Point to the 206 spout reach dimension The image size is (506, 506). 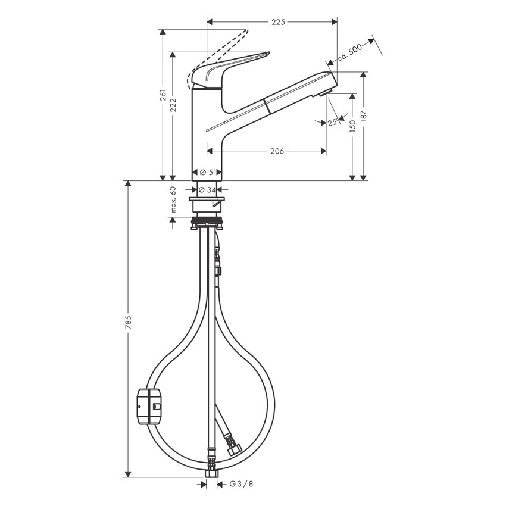pyautogui.click(x=277, y=151)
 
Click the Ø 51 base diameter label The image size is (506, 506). pyautogui.click(x=207, y=172)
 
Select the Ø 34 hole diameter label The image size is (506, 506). pyautogui.click(x=207, y=190)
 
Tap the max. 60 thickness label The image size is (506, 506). pyautogui.click(x=173, y=199)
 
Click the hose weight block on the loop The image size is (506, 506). pyautogui.click(x=149, y=407)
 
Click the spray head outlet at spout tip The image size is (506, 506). pyautogui.click(x=325, y=91)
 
